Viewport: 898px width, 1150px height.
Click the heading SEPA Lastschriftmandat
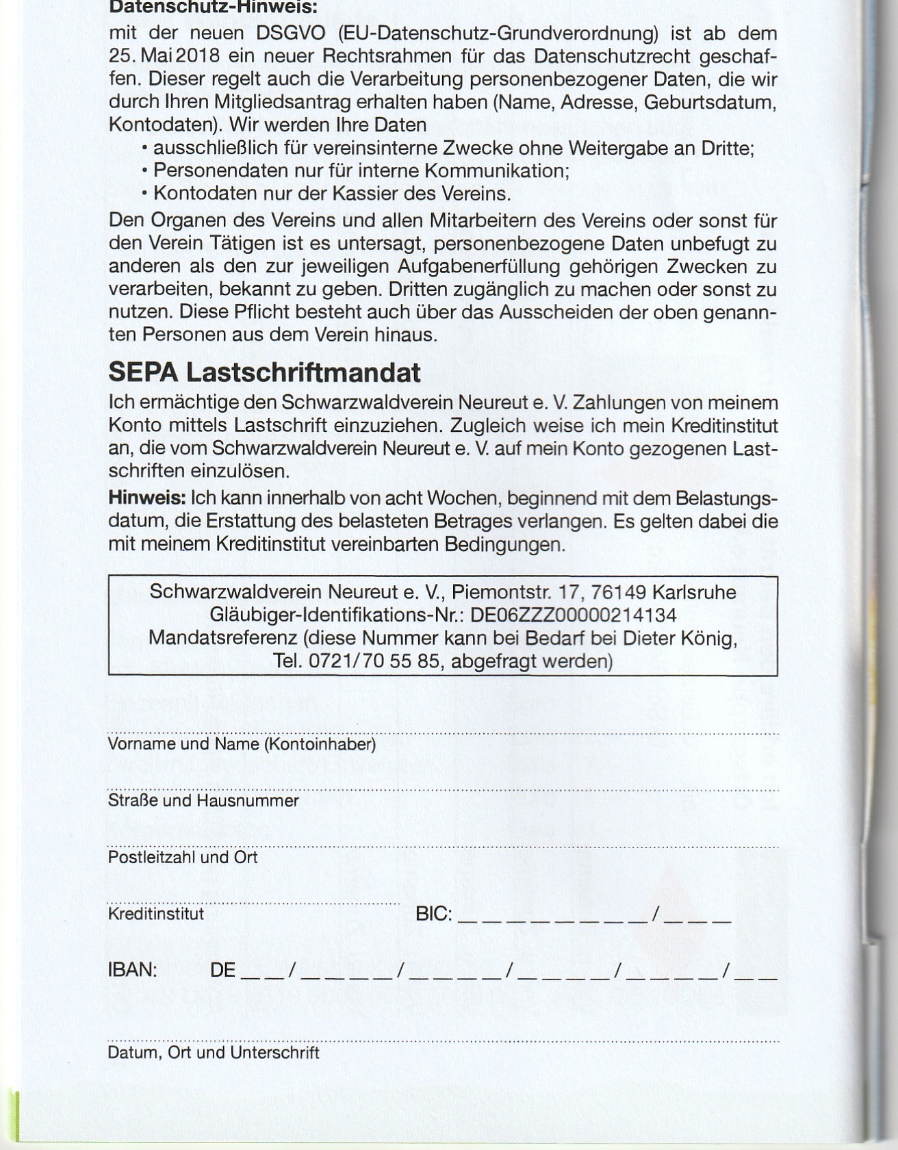click(x=264, y=373)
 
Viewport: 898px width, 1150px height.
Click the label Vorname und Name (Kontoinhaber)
click(x=242, y=744)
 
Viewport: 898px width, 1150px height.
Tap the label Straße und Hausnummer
click(x=203, y=800)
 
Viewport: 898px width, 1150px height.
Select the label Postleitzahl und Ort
click(x=183, y=857)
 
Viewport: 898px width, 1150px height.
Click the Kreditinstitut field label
click(x=156, y=914)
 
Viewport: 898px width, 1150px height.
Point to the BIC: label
click(x=434, y=914)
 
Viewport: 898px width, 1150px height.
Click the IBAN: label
click(x=133, y=970)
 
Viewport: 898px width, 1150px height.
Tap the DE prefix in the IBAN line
click(x=222, y=970)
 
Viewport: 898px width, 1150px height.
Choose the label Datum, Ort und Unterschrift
click(x=214, y=1052)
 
